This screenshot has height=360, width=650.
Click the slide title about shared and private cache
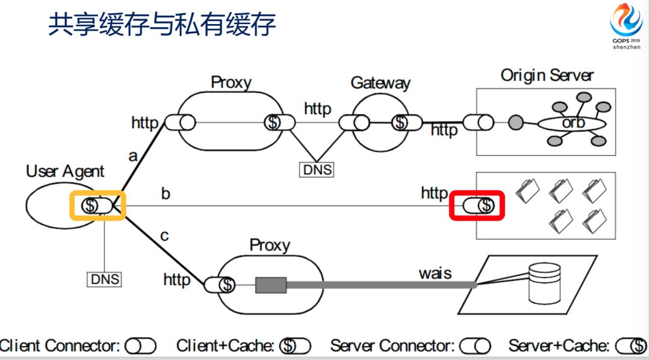click(x=162, y=26)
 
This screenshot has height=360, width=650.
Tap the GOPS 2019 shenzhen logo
click(x=627, y=27)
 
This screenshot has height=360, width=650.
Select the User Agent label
click(x=65, y=172)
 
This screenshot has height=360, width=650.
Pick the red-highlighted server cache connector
click(x=478, y=206)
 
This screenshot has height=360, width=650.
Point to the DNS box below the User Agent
click(x=105, y=279)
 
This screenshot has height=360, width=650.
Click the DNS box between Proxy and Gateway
click(x=317, y=170)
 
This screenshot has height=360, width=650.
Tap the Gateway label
click(x=380, y=83)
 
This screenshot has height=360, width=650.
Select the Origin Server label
click(x=547, y=76)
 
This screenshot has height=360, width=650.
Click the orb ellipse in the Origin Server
click(x=569, y=123)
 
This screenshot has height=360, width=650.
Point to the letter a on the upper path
click(x=133, y=156)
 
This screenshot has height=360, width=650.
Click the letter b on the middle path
click(x=166, y=194)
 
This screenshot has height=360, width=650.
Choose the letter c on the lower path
click(x=164, y=235)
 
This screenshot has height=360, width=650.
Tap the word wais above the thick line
click(x=435, y=273)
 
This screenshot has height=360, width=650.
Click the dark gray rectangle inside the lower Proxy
click(x=270, y=285)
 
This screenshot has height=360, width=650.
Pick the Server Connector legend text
click(x=392, y=346)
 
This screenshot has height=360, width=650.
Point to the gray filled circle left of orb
click(x=515, y=123)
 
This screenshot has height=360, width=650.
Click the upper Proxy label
click(x=231, y=82)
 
